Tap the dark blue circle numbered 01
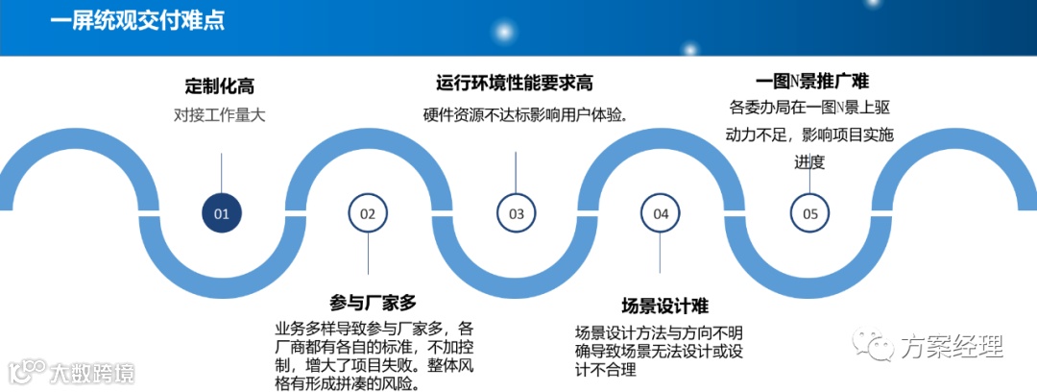[x=222, y=213]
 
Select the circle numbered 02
[x=368, y=213]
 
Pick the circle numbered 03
[x=516, y=213]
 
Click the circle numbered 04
[x=661, y=213]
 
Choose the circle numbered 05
[x=809, y=213]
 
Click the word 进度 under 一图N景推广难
[x=809, y=161]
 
